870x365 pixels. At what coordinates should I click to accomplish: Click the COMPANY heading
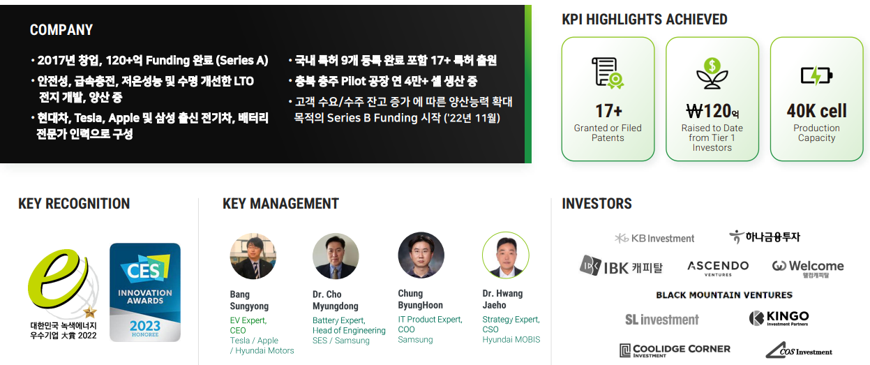[61, 30]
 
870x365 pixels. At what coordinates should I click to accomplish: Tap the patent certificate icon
[608, 73]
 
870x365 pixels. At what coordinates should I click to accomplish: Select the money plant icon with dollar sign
[712, 73]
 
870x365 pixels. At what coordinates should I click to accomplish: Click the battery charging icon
[816, 75]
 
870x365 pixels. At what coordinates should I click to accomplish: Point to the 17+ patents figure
[608, 111]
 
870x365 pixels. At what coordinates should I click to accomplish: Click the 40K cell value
[816, 111]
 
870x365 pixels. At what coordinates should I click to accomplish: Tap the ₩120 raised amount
[712, 111]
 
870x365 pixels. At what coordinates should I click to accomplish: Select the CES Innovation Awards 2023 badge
[145, 292]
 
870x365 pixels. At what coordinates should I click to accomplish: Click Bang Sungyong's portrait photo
[253, 256]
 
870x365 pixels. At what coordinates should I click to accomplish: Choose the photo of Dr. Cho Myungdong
[336, 256]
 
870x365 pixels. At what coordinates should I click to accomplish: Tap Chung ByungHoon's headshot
[421, 255]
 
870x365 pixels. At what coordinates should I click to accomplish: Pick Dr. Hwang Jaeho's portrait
[506, 255]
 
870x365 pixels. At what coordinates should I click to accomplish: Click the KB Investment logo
[654, 238]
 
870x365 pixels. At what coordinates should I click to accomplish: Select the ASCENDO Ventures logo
[718, 268]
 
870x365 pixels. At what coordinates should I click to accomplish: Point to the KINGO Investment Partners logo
[779, 318]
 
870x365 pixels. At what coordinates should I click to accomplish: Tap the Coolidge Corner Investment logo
[675, 350]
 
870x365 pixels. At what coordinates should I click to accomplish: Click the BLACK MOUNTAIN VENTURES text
[724, 295]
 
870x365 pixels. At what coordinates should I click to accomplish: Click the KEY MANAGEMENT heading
[280, 204]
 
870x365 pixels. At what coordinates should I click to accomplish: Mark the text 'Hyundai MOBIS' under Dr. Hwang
[511, 339]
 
